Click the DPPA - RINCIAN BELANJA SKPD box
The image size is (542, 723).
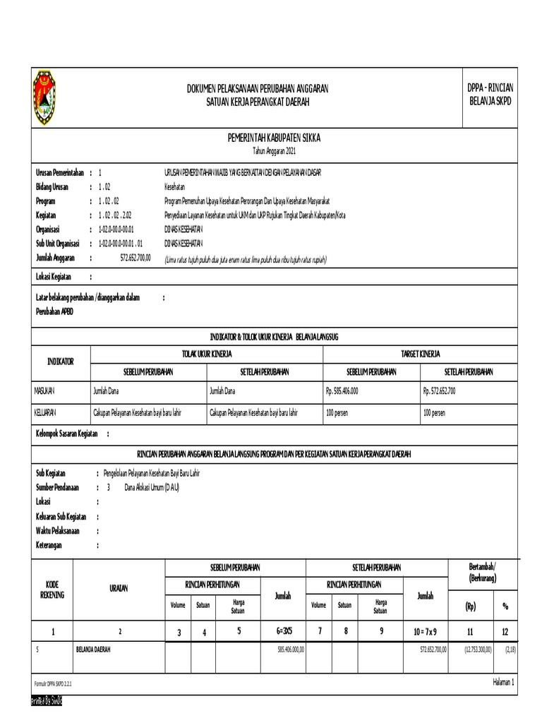pos(490,95)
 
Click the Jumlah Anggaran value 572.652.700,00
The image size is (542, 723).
pos(135,258)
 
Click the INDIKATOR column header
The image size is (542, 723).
pos(60,361)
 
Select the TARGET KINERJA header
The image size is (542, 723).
pos(421,354)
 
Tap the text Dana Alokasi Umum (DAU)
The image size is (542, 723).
pos(152,487)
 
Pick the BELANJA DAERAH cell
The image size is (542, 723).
pos(93,649)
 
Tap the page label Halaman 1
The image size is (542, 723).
pos(502,682)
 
